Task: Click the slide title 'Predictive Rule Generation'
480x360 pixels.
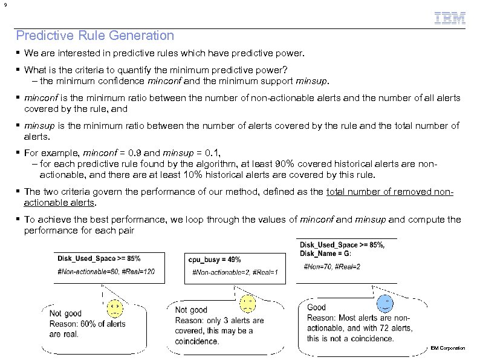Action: pos(95,36)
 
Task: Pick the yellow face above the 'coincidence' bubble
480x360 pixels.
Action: pos(247,303)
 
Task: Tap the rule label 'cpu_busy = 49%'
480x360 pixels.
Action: pos(215,260)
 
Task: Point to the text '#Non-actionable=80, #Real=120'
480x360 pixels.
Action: pos(106,271)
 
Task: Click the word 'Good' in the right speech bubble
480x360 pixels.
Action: pos(316,308)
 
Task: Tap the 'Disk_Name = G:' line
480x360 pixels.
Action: pos(325,253)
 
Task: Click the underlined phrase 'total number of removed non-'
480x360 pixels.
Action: pos(390,192)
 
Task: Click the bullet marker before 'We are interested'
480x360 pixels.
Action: pos(19,54)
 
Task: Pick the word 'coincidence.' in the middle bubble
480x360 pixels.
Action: pos(197,341)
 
